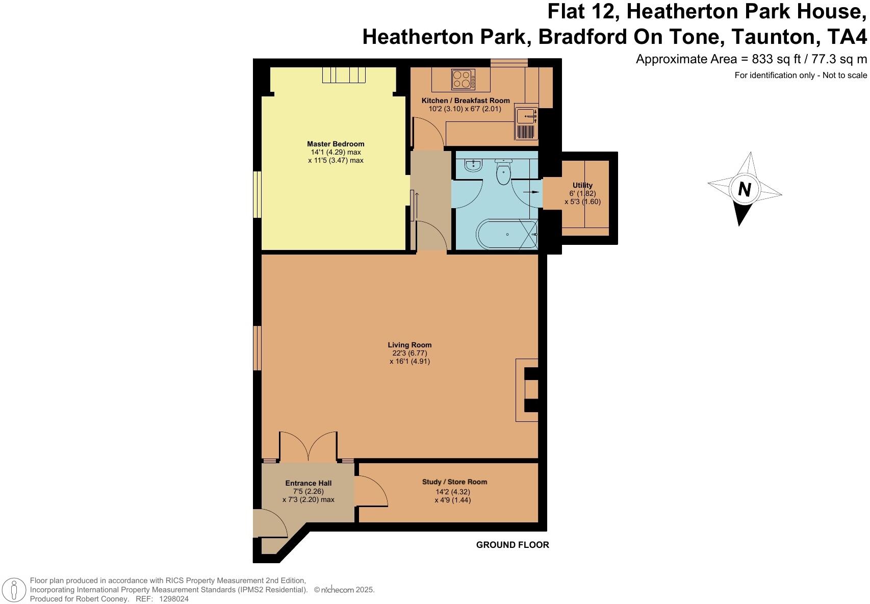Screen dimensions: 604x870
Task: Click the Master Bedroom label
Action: [x=336, y=144]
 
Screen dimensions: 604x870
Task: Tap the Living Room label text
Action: [x=410, y=345]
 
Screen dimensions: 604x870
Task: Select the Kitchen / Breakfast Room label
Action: [x=466, y=100]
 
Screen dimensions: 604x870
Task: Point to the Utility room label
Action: [x=582, y=185]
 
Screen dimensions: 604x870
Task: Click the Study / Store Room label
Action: [x=454, y=482]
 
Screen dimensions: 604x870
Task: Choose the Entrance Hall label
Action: [x=308, y=483]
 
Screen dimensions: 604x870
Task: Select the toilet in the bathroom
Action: [x=503, y=172]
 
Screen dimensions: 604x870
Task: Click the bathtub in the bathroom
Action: [x=507, y=234]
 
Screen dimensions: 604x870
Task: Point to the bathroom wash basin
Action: [x=474, y=165]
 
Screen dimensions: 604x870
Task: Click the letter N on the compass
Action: [x=745, y=189]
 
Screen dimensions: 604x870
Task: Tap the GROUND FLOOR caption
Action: [x=513, y=545]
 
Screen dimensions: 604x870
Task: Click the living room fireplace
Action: [x=527, y=390]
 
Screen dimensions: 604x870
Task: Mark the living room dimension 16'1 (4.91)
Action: [x=410, y=361]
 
